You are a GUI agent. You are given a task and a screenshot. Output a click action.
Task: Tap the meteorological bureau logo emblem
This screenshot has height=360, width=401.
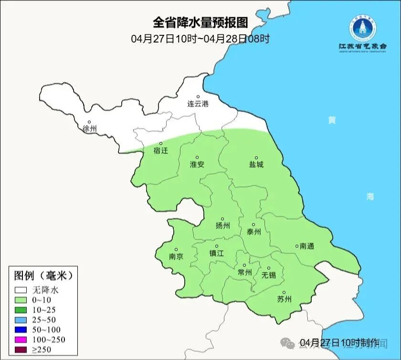tap(363, 28)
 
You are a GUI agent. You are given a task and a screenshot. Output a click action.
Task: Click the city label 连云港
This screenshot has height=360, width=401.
tap(198, 104)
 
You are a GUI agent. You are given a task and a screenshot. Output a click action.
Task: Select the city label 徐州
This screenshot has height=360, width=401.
tap(89, 128)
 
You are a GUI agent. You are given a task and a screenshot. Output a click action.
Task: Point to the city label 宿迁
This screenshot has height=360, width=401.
tap(161, 150)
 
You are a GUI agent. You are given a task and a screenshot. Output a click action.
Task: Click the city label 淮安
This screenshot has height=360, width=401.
tap(197, 164)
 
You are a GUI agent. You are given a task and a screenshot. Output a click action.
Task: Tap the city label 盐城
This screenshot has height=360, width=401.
tap(256, 164)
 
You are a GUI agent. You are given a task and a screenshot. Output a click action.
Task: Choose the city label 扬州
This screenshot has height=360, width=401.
tap(222, 226)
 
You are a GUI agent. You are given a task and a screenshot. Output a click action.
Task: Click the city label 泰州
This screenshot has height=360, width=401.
tap(253, 232)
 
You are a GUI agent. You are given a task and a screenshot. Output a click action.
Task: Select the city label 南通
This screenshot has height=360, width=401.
tap(306, 246)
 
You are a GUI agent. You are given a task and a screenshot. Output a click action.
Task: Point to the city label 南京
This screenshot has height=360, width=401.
tap(176, 256)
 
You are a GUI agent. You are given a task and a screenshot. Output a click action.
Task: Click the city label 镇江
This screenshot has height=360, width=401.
tap(216, 254)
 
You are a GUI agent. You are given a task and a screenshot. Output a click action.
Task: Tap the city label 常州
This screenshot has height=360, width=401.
tap(244, 272)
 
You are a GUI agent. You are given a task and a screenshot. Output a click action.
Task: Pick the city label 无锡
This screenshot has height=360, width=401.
tap(268, 275)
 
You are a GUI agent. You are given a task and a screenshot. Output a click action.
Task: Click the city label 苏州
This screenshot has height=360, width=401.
tap(284, 299)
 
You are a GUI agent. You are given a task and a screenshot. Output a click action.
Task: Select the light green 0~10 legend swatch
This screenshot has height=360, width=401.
tap(20, 300)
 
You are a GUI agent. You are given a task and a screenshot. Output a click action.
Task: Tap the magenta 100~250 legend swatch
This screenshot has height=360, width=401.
tap(20, 340)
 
